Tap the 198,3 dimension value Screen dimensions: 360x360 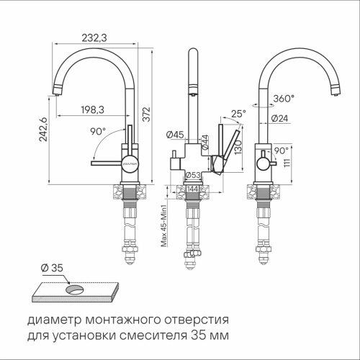click(90, 109)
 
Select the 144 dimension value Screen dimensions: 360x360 click(193, 188)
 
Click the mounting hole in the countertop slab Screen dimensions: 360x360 click(73, 289)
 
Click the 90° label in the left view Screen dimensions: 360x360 click(97, 132)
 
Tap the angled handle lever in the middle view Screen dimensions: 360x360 click(228, 148)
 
